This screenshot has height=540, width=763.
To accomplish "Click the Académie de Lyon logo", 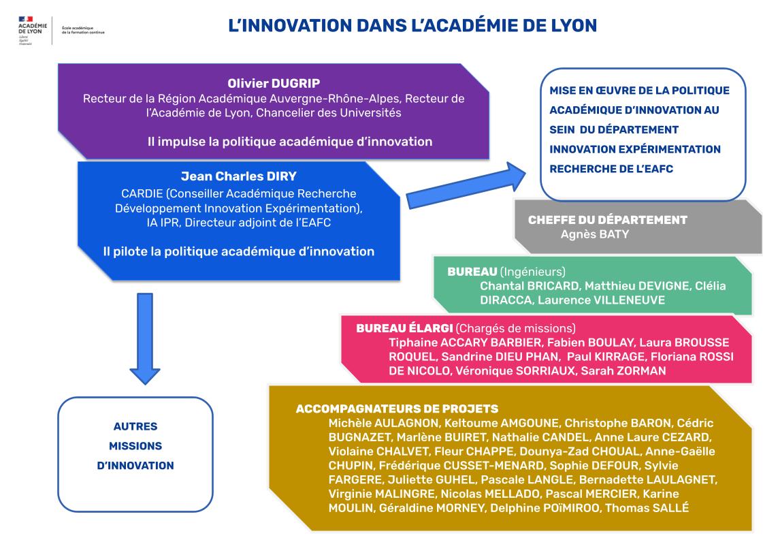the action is pyautogui.click(x=33, y=30).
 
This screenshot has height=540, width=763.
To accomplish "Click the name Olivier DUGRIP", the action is pyautogui.click(x=274, y=83).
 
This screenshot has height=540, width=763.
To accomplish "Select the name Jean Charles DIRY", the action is pyautogui.click(x=238, y=176).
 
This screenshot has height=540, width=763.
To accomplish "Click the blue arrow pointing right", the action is pyautogui.click(x=466, y=185).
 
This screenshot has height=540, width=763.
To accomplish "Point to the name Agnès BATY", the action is pyautogui.click(x=595, y=234).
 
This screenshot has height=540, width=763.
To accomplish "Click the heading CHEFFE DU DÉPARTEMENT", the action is pyautogui.click(x=608, y=219).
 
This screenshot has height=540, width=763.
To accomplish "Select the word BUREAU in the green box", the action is pyautogui.click(x=472, y=272).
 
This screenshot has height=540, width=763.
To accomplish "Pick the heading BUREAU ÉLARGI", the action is pyautogui.click(x=404, y=328).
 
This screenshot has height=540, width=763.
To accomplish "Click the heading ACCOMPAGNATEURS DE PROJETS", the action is pyautogui.click(x=397, y=409).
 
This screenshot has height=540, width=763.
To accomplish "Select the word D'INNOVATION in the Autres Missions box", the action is pyautogui.click(x=135, y=466).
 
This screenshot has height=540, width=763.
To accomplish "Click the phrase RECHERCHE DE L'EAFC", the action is pyautogui.click(x=611, y=169).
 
